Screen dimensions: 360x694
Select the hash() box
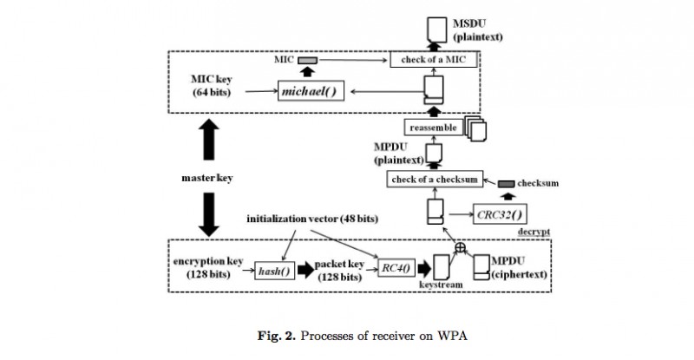[x=269, y=271]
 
